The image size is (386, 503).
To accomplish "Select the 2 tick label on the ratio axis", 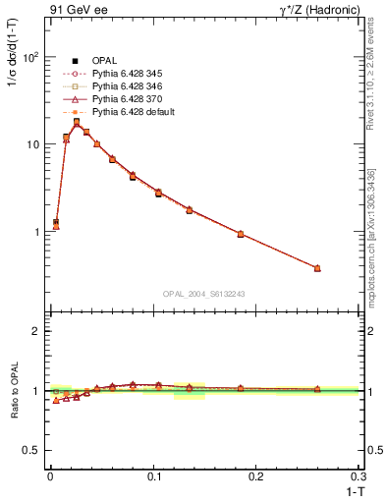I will point(35,331).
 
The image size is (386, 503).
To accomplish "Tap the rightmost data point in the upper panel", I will point(317,268).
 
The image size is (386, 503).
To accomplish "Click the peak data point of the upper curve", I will point(77,123).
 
